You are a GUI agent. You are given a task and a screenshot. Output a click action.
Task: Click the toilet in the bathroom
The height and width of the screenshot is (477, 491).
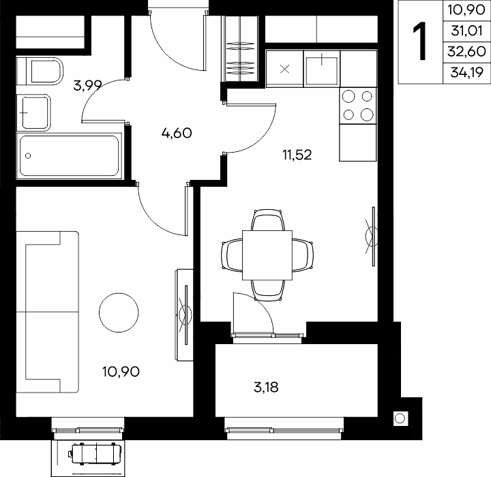click(x=40, y=71)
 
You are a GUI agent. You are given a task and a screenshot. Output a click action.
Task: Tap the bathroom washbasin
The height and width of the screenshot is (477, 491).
click(x=33, y=112)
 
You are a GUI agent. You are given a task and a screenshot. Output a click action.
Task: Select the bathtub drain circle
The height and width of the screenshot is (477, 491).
click(x=28, y=155)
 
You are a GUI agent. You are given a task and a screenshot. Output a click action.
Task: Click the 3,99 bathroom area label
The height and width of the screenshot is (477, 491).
click(x=88, y=85)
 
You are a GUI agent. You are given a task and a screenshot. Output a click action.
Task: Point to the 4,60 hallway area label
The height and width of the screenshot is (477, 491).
click(x=177, y=133)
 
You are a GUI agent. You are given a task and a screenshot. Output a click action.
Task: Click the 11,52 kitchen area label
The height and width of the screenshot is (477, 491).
click(x=297, y=155)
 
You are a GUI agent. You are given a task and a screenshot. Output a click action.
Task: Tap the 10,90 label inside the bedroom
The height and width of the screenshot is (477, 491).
click(x=121, y=371)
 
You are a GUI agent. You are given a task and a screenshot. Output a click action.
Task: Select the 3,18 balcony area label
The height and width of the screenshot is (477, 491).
click(x=266, y=387)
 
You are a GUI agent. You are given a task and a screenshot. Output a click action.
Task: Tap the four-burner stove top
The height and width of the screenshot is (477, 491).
click(x=358, y=106)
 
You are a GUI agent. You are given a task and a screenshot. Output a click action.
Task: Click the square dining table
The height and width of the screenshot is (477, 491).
click(x=267, y=255)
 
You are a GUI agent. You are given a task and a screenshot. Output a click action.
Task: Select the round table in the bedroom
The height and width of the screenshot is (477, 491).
click(x=119, y=312)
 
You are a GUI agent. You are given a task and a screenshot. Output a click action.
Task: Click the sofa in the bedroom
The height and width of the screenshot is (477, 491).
click(x=47, y=312)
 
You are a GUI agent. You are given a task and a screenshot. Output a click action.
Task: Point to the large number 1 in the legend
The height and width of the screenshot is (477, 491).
click(x=420, y=42)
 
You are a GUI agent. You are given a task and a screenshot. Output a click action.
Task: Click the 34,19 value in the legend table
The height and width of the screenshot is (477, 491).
click(x=466, y=73)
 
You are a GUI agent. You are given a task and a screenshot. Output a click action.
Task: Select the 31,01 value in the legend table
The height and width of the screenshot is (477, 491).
click(x=466, y=31)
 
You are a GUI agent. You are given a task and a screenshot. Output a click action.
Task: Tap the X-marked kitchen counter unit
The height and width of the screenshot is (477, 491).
click(x=284, y=69)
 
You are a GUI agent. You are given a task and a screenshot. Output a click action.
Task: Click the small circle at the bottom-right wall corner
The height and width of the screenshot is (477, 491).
click(x=400, y=418)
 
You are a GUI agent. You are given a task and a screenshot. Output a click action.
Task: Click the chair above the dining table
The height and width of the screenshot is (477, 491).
click(x=268, y=220)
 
